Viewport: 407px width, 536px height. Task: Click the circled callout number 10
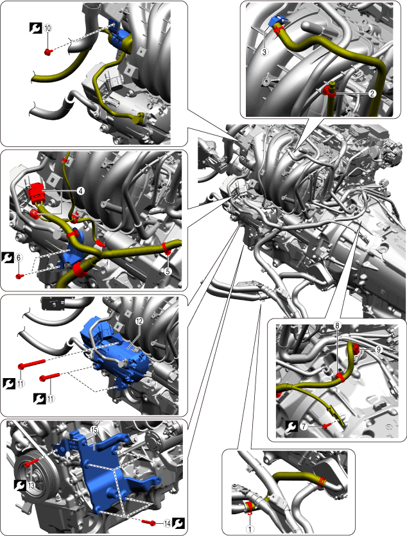[x=48, y=28]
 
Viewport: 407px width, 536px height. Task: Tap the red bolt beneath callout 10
[x=48, y=52]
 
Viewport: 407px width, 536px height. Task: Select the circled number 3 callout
[x=264, y=52]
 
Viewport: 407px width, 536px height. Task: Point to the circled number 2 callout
[x=372, y=93]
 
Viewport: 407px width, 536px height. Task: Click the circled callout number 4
[x=80, y=191]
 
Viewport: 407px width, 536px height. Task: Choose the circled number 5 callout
[x=168, y=271]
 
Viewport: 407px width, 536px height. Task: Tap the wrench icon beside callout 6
[x=8, y=257]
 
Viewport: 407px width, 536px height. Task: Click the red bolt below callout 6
[x=20, y=276]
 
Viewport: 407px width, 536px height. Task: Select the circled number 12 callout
[x=139, y=322]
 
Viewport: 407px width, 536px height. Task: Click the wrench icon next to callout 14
[x=178, y=523]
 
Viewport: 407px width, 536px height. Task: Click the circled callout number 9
[x=378, y=349]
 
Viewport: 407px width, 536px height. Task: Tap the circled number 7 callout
[x=304, y=427]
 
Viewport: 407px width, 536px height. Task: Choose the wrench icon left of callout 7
[x=292, y=427]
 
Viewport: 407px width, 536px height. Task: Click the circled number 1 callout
[x=250, y=529]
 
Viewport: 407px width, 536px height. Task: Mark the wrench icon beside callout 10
[x=35, y=28]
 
